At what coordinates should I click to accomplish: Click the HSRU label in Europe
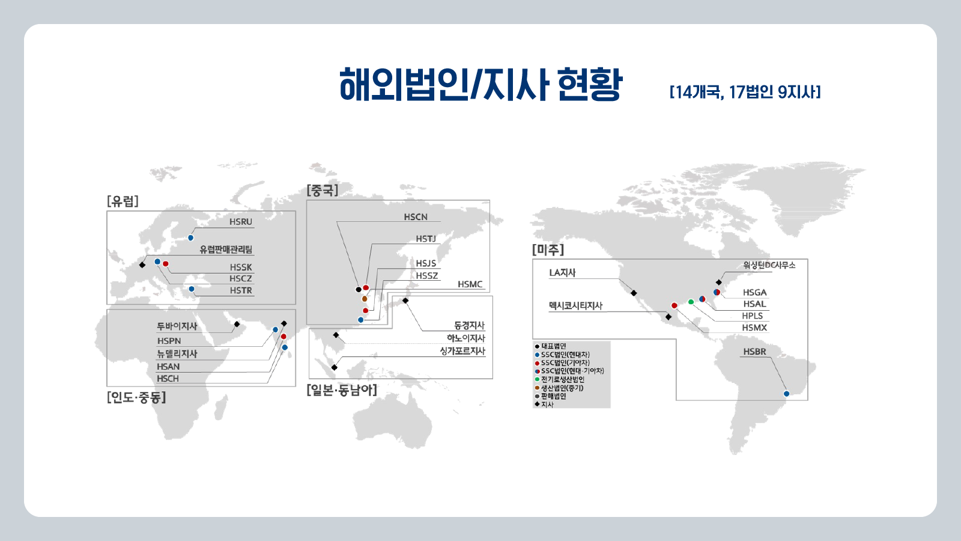point(240,222)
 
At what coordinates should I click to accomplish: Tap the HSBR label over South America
point(754,352)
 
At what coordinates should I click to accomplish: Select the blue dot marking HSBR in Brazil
point(786,394)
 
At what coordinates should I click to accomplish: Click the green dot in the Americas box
point(691,302)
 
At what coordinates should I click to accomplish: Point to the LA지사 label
point(562,273)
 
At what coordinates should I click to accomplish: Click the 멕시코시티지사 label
point(575,306)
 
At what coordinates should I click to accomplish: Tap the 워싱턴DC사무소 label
point(769,265)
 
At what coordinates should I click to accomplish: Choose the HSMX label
point(754,328)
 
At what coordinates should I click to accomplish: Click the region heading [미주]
point(548,249)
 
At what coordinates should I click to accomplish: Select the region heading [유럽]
point(123,201)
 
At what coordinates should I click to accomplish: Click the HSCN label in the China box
point(416,217)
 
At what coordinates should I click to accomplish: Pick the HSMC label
point(470,284)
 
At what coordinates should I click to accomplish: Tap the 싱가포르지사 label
point(462,351)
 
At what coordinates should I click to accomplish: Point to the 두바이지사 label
point(177,326)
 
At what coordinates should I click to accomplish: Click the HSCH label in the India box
point(168,379)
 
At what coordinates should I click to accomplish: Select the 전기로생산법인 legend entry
point(562,380)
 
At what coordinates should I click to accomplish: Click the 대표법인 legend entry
point(553,346)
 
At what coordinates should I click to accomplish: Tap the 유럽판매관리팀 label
point(226,249)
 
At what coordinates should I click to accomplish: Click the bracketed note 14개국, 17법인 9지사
point(745,92)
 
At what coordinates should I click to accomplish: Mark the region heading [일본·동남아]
point(342,390)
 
